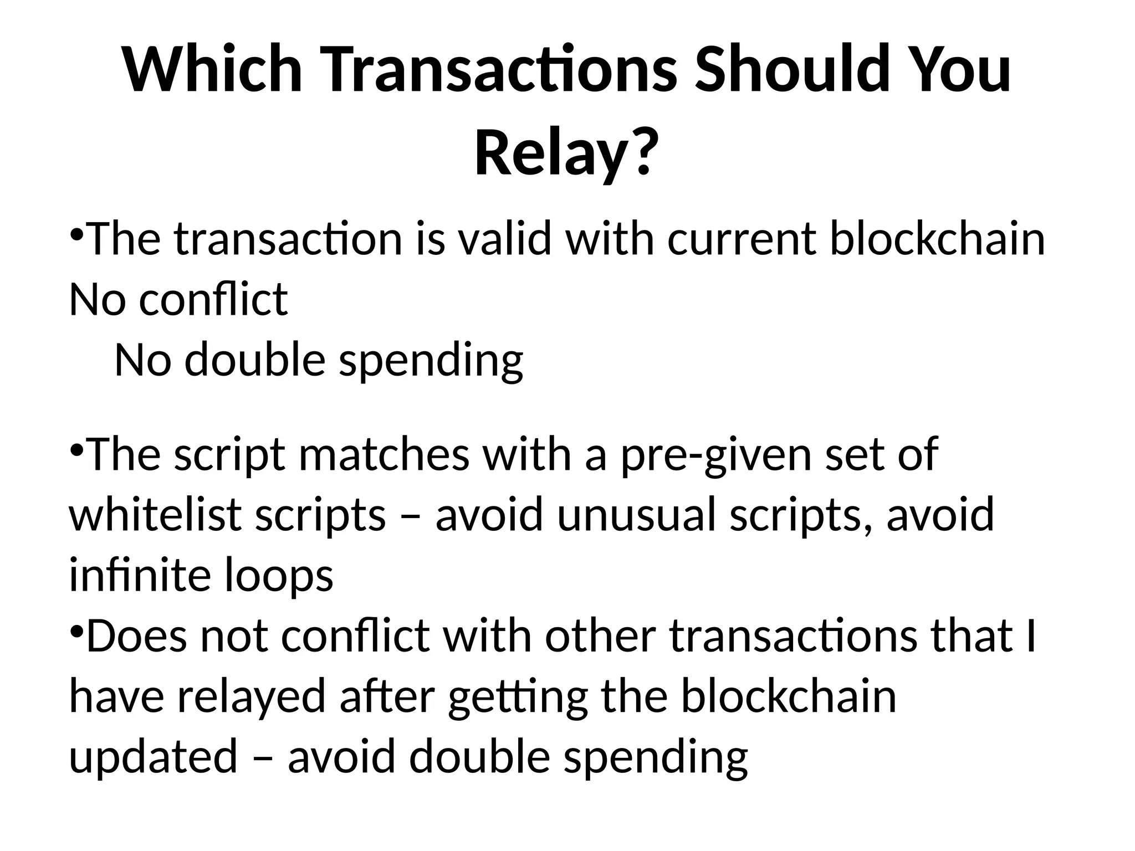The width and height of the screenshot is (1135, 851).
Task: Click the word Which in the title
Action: (212, 69)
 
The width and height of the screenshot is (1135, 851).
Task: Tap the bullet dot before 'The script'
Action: (77, 448)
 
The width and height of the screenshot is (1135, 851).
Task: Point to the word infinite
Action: (139, 575)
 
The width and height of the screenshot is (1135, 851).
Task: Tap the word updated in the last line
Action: (153, 757)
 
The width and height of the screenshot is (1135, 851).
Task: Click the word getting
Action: (518, 697)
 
